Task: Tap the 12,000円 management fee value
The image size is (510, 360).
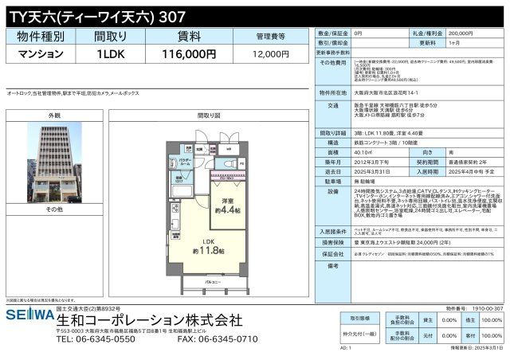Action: pos(270,53)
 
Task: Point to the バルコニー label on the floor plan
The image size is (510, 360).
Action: pos(210,283)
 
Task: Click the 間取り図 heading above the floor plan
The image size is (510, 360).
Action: pos(208,115)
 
